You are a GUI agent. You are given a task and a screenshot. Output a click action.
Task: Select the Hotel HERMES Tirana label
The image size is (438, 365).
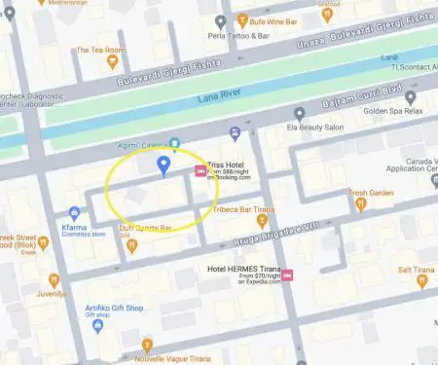[240, 269]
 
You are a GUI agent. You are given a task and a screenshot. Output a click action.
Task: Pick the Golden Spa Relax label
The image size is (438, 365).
[396, 111]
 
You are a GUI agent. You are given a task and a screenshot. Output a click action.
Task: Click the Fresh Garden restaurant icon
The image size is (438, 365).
[361, 203]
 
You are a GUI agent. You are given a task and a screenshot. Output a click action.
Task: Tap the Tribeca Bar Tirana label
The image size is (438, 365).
[241, 209]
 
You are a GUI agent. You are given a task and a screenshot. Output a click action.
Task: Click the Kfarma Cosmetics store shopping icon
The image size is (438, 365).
[74, 212]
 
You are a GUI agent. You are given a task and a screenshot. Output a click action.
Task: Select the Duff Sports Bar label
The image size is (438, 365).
[145, 228]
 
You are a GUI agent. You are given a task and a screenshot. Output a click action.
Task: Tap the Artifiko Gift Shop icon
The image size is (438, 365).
[97, 327]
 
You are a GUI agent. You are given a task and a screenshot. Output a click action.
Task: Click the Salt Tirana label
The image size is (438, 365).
[416, 268]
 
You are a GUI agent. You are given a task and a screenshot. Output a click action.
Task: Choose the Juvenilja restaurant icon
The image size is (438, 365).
[54, 279]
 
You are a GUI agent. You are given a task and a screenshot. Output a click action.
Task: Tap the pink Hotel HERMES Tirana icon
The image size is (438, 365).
[288, 275]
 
